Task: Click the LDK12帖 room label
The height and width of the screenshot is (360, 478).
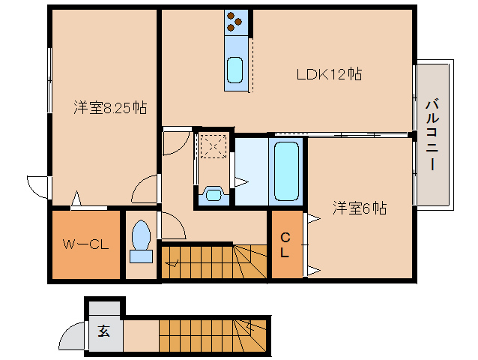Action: pos(329,74)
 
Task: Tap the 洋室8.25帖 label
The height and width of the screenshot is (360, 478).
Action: pos(109,108)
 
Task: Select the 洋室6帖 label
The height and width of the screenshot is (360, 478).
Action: pos(360,208)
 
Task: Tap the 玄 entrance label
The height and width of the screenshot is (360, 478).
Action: pos(103,331)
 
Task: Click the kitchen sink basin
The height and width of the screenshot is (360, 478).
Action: pos(235,70)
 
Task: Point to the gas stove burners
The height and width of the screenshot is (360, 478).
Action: pos(235,22)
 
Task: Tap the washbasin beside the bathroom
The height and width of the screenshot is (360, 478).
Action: pos(214,195)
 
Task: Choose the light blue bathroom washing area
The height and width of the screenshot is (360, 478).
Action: pos(251,169)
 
